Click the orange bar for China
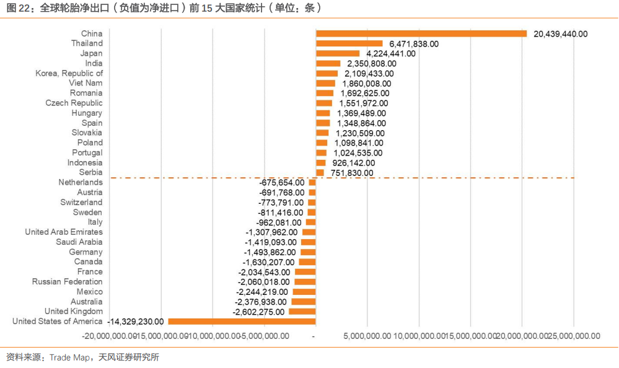click(421, 33)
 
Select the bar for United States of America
click(242, 321)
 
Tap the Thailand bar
click(349, 43)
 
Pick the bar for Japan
click(338, 53)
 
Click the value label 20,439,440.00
click(560, 34)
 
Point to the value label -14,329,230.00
click(136, 321)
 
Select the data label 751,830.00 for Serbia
click(352, 173)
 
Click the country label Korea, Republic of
click(69, 73)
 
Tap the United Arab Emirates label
click(64, 232)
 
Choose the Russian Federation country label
click(68, 281)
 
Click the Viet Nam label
click(86, 83)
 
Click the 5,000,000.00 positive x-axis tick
click(366, 336)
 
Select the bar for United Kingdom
click(302, 311)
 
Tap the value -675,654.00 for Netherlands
click(281, 182)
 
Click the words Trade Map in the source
click(69, 357)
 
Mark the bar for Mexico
click(304, 291)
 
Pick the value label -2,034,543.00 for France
click(264, 271)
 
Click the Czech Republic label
click(74, 103)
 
